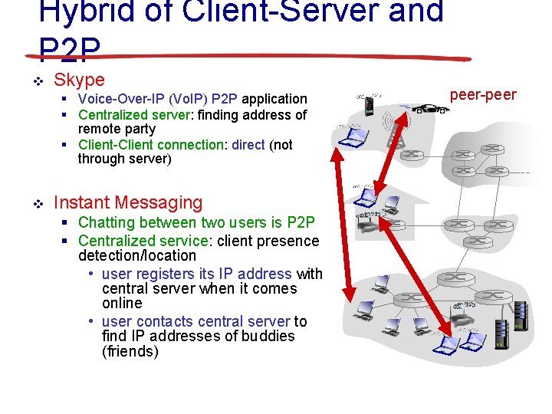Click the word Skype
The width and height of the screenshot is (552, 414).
click(x=79, y=80)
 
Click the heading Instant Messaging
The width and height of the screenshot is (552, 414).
click(x=128, y=203)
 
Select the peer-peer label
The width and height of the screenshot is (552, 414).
click(x=483, y=95)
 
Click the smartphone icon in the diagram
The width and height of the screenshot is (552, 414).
click(x=369, y=105)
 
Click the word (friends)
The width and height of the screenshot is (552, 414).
click(x=130, y=352)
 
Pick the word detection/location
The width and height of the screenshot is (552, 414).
click(x=137, y=255)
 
